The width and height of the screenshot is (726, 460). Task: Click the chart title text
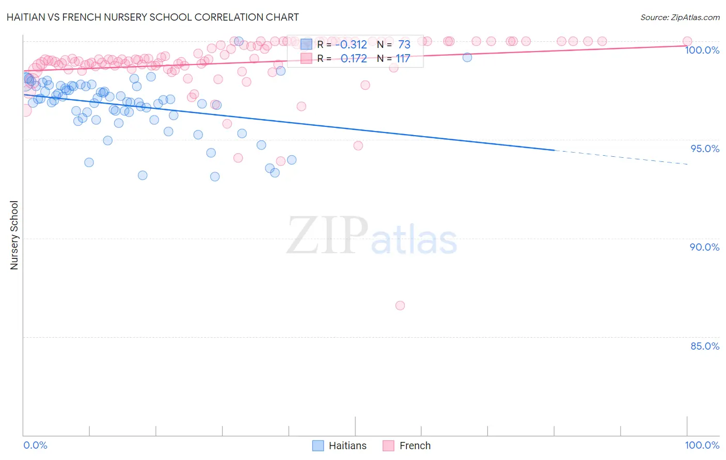(x=153, y=17)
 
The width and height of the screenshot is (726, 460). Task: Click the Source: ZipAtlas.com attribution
(x=680, y=17)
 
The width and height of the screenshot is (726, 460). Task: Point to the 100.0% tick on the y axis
(x=702, y=50)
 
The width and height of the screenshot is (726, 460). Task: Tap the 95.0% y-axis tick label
(x=705, y=149)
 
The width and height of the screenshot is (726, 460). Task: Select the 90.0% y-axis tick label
(x=705, y=247)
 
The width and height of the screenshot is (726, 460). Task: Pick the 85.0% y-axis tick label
(x=705, y=346)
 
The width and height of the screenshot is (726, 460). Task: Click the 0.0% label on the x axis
(x=35, y=445)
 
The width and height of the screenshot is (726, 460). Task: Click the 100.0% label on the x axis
(x=702, y=445)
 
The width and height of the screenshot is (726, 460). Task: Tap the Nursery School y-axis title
(x=14, y=235)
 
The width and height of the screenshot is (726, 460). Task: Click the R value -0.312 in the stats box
(x=351, y=45)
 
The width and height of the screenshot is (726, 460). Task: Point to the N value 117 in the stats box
(x=403, y=59)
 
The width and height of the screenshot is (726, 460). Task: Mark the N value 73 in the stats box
(x=404, y=45)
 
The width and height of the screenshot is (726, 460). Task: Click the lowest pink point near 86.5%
(x=400, y=305)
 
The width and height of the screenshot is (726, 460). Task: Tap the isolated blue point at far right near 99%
(x=467, y=57)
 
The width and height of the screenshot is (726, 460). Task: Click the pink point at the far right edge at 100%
(x=687, y=41)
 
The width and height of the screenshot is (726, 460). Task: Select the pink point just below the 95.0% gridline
(x=358, y=145)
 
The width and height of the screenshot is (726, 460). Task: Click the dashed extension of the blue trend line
(x=620, y=157)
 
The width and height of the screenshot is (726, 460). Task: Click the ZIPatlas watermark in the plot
(x=372, y=236)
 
